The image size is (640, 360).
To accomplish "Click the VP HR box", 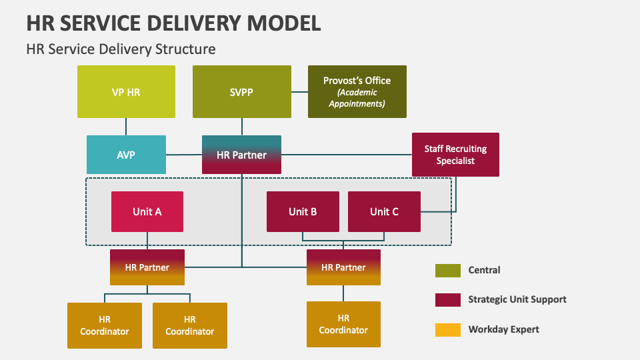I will point(126,92).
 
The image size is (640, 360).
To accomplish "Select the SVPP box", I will point(242,92).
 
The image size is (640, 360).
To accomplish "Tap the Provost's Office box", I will point(357,92).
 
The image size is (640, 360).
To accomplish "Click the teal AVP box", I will point(126,155).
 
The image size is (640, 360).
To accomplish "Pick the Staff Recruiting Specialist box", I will point(455,155).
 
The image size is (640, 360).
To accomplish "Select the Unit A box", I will point(147,211).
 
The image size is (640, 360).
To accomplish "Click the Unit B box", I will point(303,211).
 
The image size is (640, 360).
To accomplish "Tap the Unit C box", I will point(384,211).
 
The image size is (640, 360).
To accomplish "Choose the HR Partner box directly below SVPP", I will point(242,155).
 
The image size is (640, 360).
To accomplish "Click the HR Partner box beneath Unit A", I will point(147,267).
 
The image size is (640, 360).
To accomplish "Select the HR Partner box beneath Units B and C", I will point(343,267).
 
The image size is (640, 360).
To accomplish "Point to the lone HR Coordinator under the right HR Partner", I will point(343,324).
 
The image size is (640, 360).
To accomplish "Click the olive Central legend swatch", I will point(447,270).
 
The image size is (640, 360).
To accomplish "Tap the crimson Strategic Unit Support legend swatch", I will point(447,299).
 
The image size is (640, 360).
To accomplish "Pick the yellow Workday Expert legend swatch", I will point(447,329).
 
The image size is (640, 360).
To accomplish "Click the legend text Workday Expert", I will point(503,329).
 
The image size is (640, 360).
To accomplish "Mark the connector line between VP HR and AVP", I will point(126,127).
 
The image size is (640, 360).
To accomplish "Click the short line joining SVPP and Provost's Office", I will point(299,92).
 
